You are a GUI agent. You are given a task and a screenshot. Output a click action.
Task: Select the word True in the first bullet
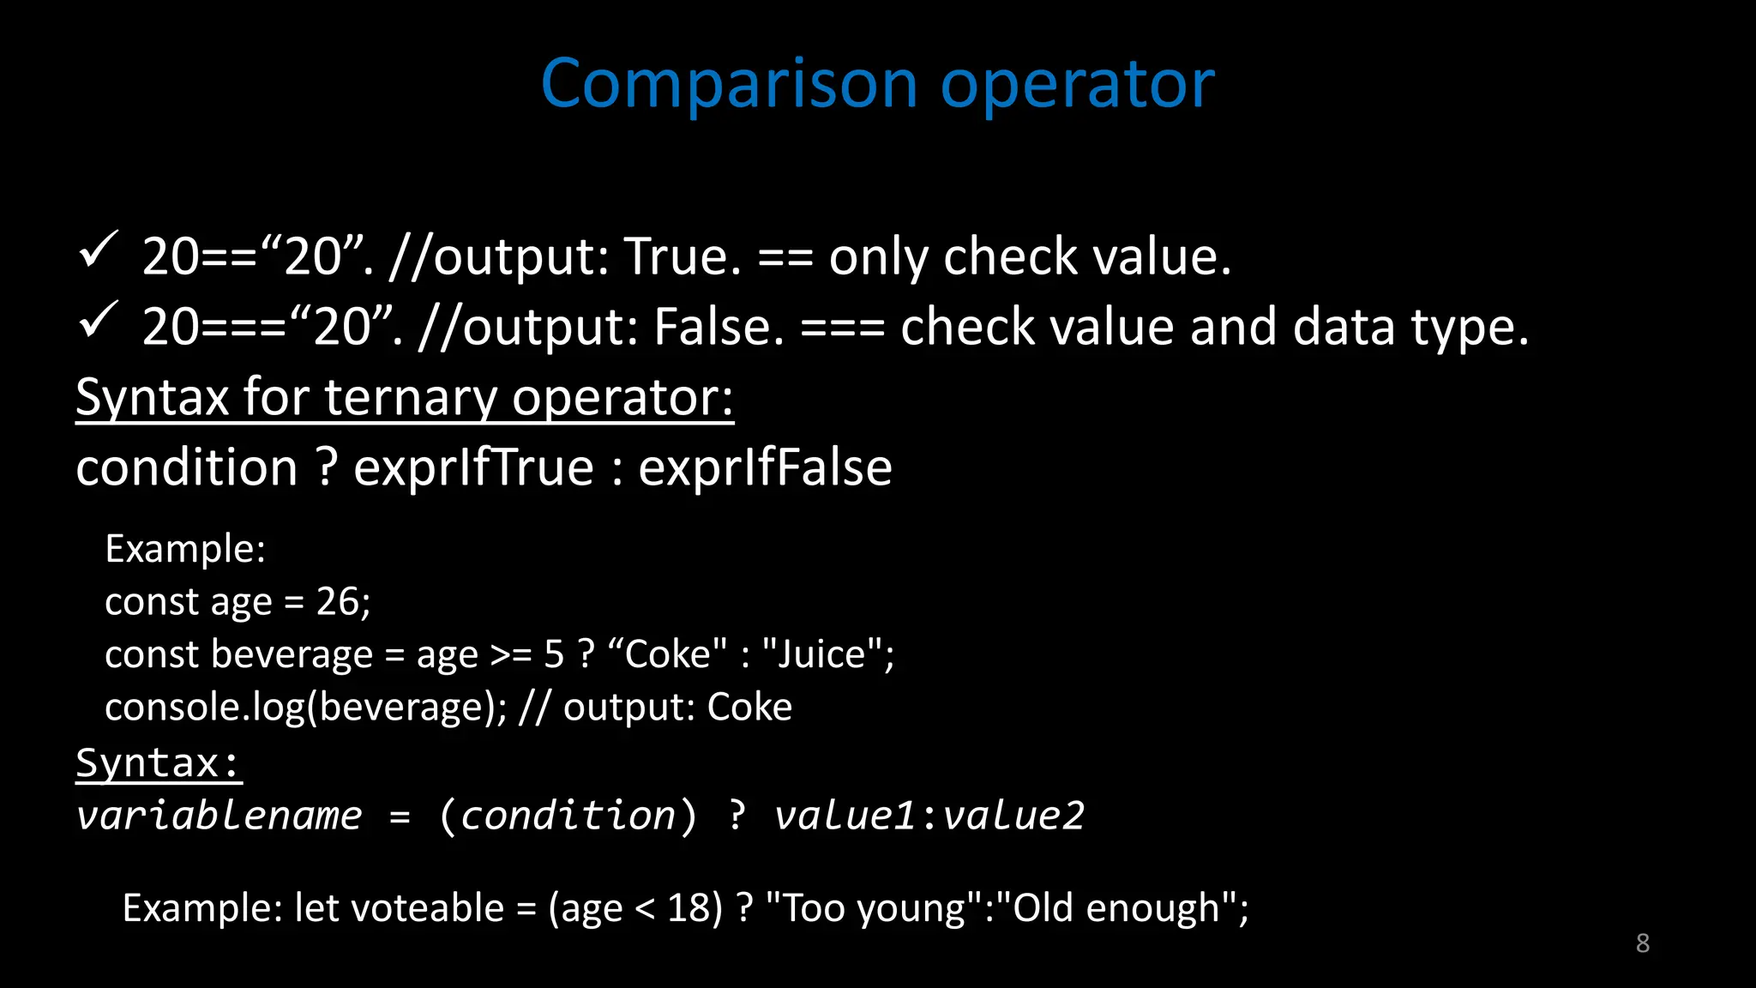coord(682,256)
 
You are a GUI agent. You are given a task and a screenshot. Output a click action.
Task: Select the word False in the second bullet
coord(719,327)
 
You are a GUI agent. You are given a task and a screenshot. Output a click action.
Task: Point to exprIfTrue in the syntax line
coord(473,467)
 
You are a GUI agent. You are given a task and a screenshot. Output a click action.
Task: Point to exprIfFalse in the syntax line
coord(765,467)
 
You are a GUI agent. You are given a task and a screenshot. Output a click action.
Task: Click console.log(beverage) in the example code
coord(304,708)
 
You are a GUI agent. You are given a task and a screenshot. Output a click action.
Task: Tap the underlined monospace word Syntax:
coord(159,762)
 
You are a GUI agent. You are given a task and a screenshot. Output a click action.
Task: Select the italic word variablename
coord(219,815)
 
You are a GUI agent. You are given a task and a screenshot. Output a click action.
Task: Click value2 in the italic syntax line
coord(1013,815)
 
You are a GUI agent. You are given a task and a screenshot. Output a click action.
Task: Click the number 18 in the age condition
coord(689,908)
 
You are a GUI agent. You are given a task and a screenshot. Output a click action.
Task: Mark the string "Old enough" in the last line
coord(1117,908)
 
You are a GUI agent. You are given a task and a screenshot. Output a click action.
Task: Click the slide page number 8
coord(1642,943)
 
